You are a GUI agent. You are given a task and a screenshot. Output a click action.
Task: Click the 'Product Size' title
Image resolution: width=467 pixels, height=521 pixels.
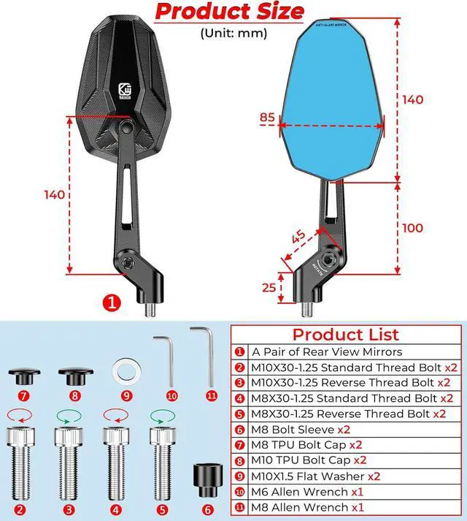point(230,12)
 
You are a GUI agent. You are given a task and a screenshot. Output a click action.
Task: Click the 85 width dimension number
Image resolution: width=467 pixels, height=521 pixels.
point(267,117)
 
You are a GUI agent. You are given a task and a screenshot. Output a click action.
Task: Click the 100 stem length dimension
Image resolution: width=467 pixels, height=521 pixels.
point(412,228)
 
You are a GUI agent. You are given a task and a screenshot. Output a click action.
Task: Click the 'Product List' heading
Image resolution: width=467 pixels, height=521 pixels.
point(346,335)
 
